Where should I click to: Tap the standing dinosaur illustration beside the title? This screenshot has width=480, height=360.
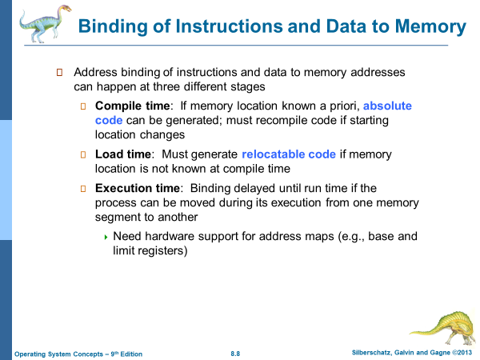(45, 23)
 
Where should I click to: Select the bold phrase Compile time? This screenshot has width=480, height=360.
(132, 106)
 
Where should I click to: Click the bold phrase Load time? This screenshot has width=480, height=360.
(122, 154)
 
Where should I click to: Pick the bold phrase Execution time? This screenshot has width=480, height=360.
(138, 188)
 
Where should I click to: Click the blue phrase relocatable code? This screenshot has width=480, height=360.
(289, 154)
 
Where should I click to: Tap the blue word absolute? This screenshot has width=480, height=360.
(387, 106)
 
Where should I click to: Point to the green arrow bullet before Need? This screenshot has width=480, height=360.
(106, 237)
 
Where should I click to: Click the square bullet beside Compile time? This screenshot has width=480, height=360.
(83, 106)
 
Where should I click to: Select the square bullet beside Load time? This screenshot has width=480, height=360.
(83, 154)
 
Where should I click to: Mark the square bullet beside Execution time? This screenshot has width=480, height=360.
(83, 189)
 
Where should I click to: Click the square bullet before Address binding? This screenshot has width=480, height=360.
(60, 73)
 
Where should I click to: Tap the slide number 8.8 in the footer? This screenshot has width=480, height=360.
(235, 354)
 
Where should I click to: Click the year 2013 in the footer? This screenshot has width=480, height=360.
(465, 353)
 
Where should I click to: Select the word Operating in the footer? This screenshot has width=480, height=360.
(29, 354)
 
